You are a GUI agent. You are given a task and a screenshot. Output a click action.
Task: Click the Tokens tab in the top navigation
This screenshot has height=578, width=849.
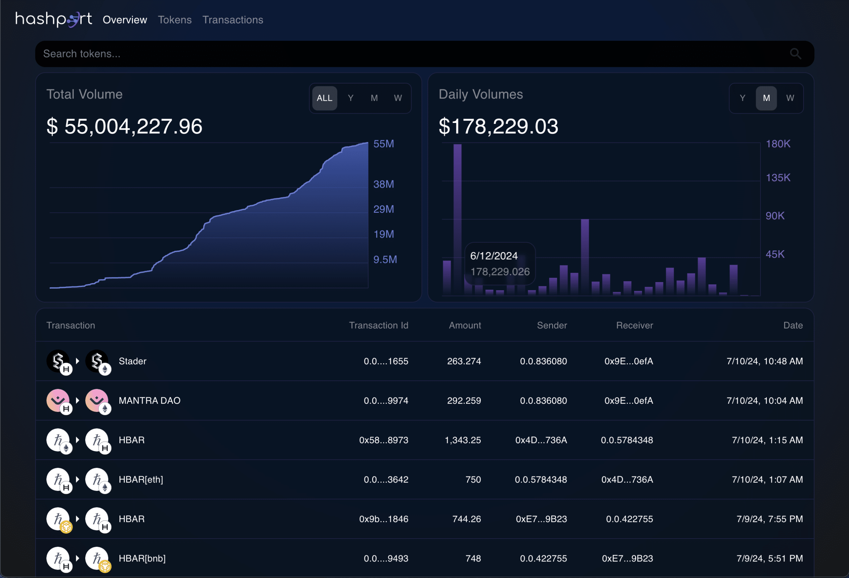pyautogui.click(x=175, y=20)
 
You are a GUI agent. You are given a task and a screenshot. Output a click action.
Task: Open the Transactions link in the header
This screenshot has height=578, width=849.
pyautogui.click(x=233, y=20)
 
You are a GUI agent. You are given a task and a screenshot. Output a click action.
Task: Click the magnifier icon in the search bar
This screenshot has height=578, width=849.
pyautogui.click(x=795, y=54)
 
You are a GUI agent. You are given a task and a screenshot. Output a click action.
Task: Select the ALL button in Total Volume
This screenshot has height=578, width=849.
pyautogui.click(x=324, y=98)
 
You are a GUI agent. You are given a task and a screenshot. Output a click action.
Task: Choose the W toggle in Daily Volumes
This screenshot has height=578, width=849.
pyautogui.click(x=790, y=98)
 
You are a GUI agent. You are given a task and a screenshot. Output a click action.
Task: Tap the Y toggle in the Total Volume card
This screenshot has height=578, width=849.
pyautogui.click(x=350, y=98)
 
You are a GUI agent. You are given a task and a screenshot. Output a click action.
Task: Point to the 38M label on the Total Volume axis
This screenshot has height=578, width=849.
pyautogui.click(x=383, y=184)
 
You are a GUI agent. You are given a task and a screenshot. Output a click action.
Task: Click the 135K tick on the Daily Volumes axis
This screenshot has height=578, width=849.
pyautogui.click(x=778, y=178)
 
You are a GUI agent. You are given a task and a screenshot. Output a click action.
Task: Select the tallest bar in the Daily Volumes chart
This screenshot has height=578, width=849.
pyautogui.click(x=457, y=219)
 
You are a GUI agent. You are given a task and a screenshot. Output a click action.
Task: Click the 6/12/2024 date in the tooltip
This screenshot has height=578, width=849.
pyautogui.click(x=493, y=256)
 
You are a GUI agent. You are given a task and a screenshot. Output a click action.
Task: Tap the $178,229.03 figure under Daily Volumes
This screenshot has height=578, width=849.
pyautogui.click(x=498, y=126)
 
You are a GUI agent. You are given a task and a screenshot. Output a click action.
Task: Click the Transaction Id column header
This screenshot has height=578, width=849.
pyautogui.click(x=378, y=325)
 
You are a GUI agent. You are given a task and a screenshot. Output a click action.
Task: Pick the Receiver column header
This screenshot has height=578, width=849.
pyautogui.click(x=634, y=325)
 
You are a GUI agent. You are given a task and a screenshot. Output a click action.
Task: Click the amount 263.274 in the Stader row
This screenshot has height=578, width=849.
pyautogui.click(x=464, y=361)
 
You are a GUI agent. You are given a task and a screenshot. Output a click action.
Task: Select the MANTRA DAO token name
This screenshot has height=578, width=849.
pyautogui.click(x=150, y=401)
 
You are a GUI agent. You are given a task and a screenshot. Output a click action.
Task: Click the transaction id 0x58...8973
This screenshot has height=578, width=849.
pyautogui.click(x=384, y=440)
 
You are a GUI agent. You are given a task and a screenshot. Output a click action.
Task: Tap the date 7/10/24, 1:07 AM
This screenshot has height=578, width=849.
pyautogui.click(x=767, y=480)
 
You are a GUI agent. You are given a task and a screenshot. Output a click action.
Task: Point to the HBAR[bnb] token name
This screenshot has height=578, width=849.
pyautogui.click(x=142, y=558)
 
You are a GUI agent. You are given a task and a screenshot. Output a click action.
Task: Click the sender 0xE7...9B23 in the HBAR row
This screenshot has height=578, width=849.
pyautogui.click(x=541, y=519)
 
